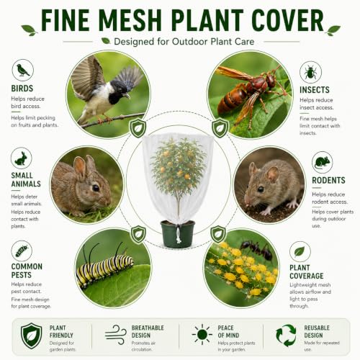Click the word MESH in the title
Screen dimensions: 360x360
pyautogui.click(x=130, y=20)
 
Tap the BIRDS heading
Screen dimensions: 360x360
pyautogui.click(x=22, y=89)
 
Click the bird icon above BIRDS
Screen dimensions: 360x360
pyautogui.click(x=23, y=70)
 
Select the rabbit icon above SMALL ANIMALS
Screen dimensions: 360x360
pyautogui.click(x=22, y=158)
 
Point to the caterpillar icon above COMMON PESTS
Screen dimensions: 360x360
pyautogui.click(x=22, y=251)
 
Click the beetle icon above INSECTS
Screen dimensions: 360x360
pyautogui.click(x=310, y=72)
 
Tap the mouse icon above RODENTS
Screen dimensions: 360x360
pyautogui.click(x=322, y=163)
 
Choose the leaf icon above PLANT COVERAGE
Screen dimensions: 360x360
pyautogui.click(x=300, y=251)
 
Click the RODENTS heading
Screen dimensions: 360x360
pyautogui.click(x=328, y=180)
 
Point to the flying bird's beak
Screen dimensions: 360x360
pyautogui.click(x=127, y=96)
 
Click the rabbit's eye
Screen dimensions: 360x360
pyautogui.click(x=96, y=188)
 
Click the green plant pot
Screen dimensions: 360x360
pyautogui.click(x=178, y=234)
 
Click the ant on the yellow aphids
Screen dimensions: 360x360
pyautogui.click(x=257, y=249)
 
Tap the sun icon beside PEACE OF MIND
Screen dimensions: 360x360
pyautogui.click(x=202, y=334)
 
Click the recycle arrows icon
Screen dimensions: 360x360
pyautogui.click(x=286, y=336)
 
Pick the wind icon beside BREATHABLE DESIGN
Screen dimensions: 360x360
pyautogui.click(x=116, y=335)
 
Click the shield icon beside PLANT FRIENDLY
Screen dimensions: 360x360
pyautogui.click(x=31, y=336)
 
